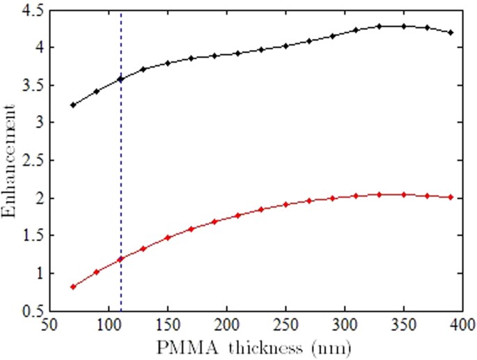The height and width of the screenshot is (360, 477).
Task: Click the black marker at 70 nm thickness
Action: [x=73, y=105]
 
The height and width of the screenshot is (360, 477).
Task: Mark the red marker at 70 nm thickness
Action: [x=73, y=286]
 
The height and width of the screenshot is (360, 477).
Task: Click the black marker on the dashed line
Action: [x=120, y=79]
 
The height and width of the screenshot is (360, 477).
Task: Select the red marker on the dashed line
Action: [x=120, y=259]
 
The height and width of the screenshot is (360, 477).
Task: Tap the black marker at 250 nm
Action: [x=286, y=46]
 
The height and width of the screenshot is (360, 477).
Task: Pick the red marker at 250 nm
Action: [x=286, y=204]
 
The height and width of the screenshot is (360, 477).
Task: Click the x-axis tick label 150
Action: [x=167, y=324]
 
